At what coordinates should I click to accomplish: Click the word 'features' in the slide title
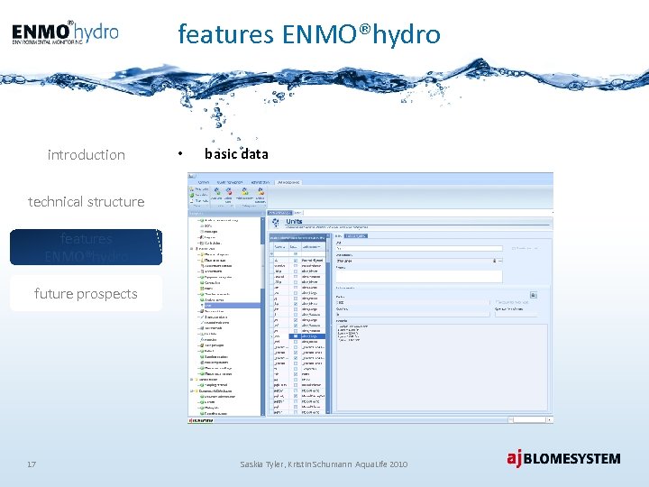pyautogui.click(x=226, y=34)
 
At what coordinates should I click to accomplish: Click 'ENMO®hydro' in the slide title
pyautogui.click(x=361, y=34)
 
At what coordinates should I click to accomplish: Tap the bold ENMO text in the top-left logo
pyautogui.click(x=41, y=32)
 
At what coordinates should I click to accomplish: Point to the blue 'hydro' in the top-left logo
pyautogui.click(x=96, y=32)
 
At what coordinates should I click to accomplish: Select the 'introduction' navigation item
pyautogui.click(x=86, y=155)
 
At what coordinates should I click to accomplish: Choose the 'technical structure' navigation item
pyautogui.click(x=86, y=201)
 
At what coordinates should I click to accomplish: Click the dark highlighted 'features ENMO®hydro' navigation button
pyautogui.click(x=86, y=247)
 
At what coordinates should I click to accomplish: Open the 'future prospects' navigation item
pyautogui.click(x=86, y=293)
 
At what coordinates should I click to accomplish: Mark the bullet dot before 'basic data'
pyautogui.click(x=182, y=154)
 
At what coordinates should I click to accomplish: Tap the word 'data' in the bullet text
pyautogui.click(x=254, y=154)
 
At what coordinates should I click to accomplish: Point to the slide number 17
pyautogui.click(x=32, y=464)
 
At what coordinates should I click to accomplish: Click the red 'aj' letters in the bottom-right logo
pyautogui.click(x=514, y=458)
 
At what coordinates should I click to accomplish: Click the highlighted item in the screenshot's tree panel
pyautogui.click(x=225, y=306)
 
